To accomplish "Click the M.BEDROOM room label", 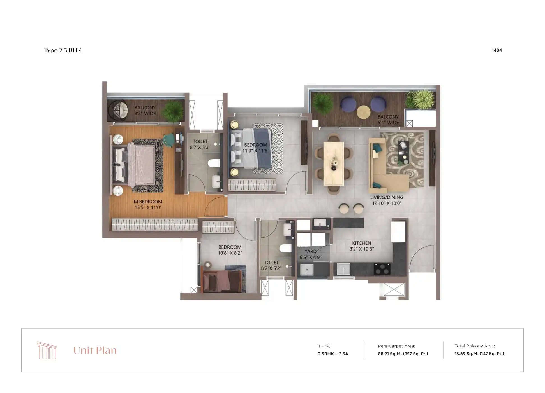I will click(148, 202).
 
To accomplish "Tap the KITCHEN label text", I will click(361, 243).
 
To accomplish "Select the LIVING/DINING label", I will click(387, 197).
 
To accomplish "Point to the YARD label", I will click(310, 251).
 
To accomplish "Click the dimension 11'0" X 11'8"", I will click(255, 151).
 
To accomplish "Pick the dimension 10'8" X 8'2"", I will click(230, 253).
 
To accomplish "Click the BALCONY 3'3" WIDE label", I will click(145, 111).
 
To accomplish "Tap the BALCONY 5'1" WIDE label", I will click(388, 120).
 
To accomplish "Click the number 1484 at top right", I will click(496, 50).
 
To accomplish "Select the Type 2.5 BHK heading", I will click(63, 50).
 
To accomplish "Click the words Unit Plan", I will click(95, 350).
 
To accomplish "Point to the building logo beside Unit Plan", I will click(47, 350).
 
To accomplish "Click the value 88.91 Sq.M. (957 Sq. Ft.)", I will click(403, 354).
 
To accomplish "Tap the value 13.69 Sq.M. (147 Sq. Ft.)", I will click(479, 354).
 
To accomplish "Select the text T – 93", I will click(324, 346).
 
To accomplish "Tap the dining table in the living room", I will click(334, 163).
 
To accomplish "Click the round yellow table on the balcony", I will click(364, 112).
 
